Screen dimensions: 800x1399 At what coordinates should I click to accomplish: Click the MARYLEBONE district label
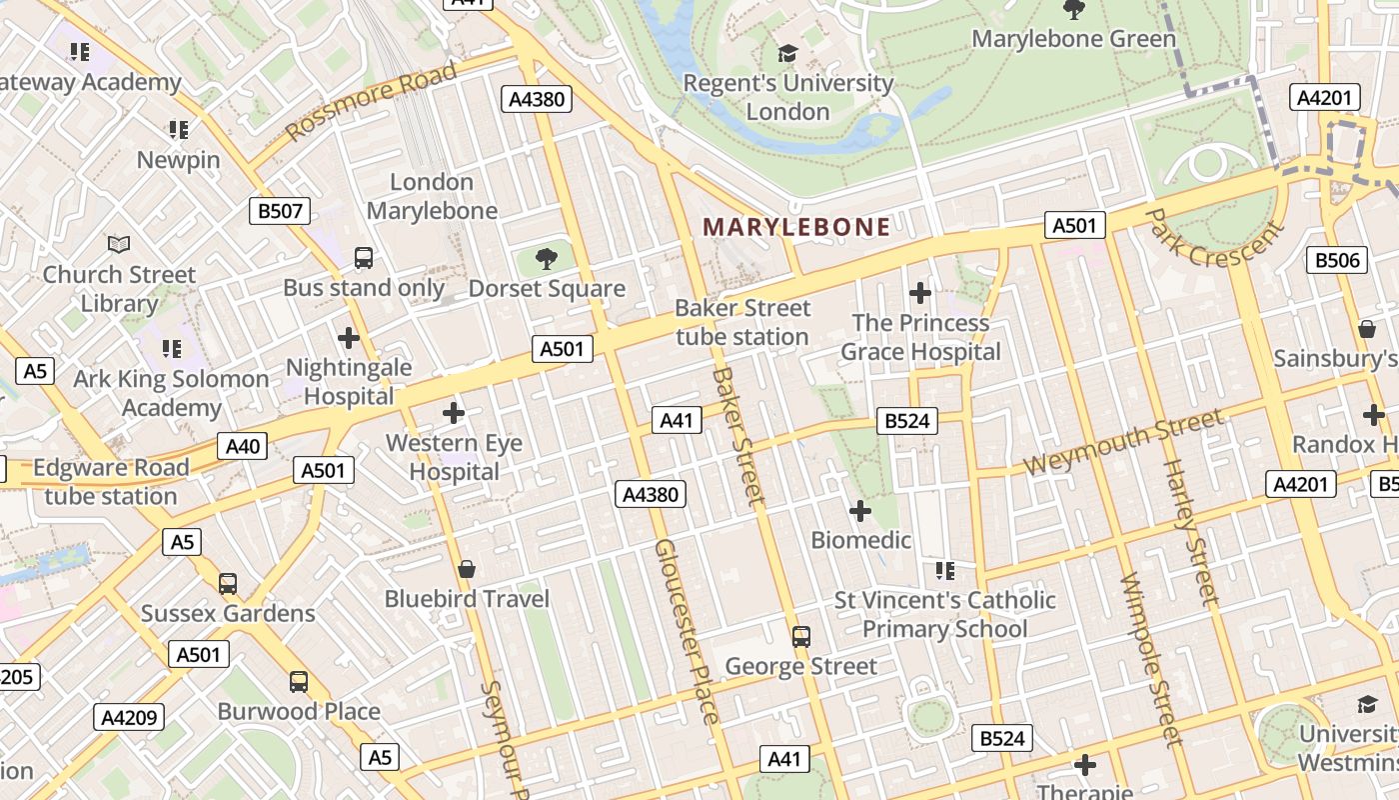pos(795,227)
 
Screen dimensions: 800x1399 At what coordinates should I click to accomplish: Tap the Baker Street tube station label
pos(742,322)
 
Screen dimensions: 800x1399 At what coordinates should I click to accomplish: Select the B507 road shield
pos(279,211)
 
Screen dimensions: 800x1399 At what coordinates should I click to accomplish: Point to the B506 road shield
pos(1337,260)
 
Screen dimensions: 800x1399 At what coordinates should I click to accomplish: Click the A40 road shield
pos(242,446)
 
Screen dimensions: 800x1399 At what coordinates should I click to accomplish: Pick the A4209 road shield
pos(129,717)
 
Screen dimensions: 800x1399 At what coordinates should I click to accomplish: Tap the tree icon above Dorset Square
pos(546,260)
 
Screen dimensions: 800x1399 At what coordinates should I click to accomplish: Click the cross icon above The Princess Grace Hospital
pos(920,293)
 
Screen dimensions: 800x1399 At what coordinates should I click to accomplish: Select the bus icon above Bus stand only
pos(364,258)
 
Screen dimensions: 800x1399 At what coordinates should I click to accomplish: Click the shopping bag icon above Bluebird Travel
pos(466,569)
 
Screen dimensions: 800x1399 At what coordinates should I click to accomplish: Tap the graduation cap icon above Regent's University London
pos(788,53)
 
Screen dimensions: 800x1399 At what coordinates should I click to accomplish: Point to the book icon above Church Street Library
pos(119,244)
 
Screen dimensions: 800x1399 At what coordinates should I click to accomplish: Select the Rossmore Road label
pos(371,101)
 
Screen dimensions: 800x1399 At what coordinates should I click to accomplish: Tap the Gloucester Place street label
pos(686,631)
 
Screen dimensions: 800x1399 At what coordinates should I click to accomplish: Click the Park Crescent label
pos(1212,239)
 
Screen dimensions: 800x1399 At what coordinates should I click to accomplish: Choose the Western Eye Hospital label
pos(455,457)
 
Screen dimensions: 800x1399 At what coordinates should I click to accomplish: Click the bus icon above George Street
pos(800,636)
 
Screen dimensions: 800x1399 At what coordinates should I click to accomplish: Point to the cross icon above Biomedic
pos(860,511)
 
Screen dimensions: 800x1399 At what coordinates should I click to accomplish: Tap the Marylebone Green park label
pos(1074,39)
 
